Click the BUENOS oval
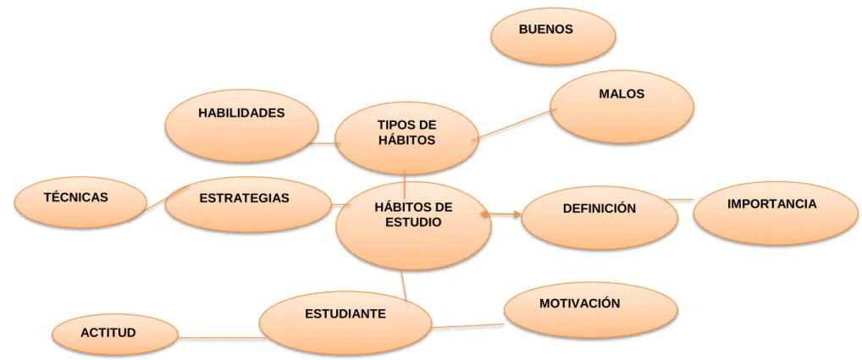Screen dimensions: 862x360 tap(552, 36)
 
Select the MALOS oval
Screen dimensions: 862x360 tap(622, 107)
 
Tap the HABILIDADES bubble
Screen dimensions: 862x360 tap(242, 126)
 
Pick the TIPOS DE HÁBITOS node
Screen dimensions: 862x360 tap(406, 138)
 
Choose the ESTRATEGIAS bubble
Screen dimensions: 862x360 tap(248, 204)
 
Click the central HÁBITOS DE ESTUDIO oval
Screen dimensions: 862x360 tap(414, 226)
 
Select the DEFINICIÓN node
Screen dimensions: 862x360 tap(600, 218)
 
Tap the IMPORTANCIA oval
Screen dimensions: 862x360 tap(776, 213)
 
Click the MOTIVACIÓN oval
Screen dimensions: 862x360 tap(591, 310)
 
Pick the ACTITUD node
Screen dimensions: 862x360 tap(115, 335)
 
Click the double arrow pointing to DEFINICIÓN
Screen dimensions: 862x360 tap(500, 213)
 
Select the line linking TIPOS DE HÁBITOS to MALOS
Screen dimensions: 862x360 tap(513, 125)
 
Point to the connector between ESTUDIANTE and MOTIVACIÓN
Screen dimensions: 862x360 tap(467, 326)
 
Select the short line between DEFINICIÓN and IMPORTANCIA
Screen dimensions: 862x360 tap(678, 200)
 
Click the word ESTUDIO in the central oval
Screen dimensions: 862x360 tap(413, 223)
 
